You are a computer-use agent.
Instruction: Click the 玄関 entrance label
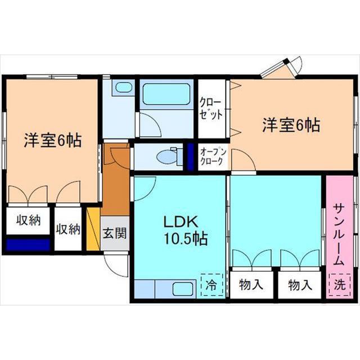(115, 233)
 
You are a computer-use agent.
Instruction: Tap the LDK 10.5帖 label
(185, 231)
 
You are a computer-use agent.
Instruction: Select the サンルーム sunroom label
(339, 235)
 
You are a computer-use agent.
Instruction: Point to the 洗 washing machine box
(340, 285)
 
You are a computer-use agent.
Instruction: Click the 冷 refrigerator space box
(211, 285)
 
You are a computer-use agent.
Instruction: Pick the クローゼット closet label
(211, 109)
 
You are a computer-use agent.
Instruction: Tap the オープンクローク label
(213, 156)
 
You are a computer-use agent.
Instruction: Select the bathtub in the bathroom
(166, 94)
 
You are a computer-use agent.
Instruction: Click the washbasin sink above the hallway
(123, 87)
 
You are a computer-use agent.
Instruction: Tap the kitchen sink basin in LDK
(182, 289)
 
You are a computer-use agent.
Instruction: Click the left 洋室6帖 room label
(53, 141)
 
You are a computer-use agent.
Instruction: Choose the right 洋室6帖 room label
(291, 125)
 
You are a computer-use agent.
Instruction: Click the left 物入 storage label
(251, 285)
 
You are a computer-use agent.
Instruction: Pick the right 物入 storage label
(300, 285)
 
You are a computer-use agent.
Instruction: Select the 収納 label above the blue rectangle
(28, 220)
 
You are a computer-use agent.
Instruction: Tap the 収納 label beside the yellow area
(68, 229)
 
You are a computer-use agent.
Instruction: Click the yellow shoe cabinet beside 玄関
(93, 229)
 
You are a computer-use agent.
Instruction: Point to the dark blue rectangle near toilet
(190, 157)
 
